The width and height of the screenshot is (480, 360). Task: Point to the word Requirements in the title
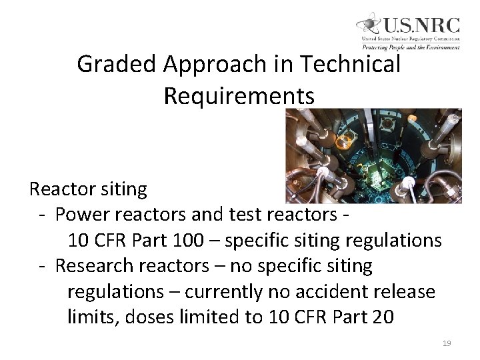click(x=239, y=96)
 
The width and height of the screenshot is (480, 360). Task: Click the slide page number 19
click(x=447, y=343)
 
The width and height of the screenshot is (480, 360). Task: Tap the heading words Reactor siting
click(x=88, y=189)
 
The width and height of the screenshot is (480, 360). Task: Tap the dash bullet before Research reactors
click(x=41, y=266)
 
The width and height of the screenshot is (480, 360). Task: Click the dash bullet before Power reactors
click(x=41, y=215)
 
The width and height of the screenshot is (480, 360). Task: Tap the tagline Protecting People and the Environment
click(x=411, y=47)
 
